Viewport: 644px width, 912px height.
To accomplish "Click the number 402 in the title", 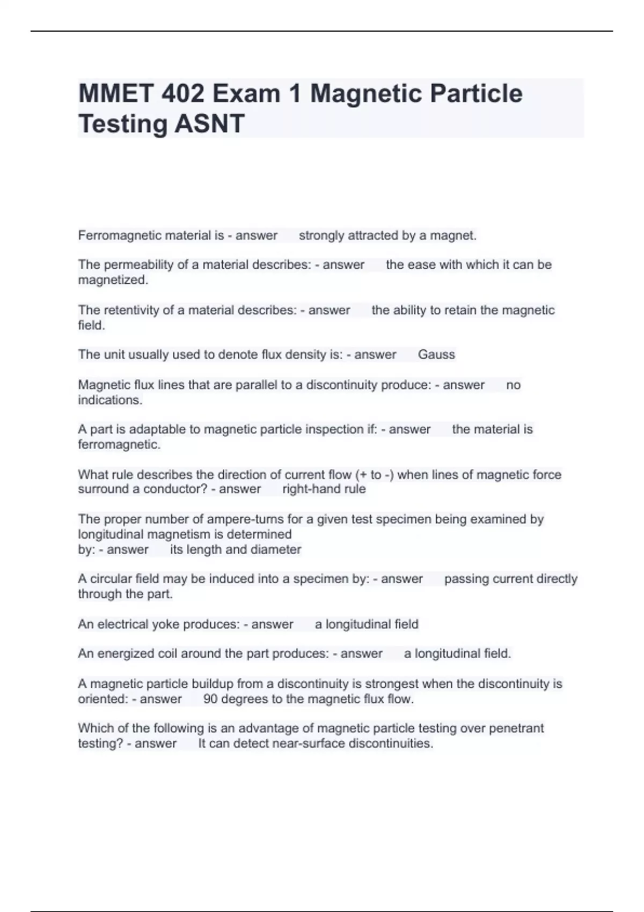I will [182, 94].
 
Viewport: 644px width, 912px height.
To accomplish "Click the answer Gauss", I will [436, 355].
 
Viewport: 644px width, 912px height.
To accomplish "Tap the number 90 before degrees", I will [210, 699].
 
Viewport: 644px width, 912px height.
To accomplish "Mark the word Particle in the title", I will [470, 94].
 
